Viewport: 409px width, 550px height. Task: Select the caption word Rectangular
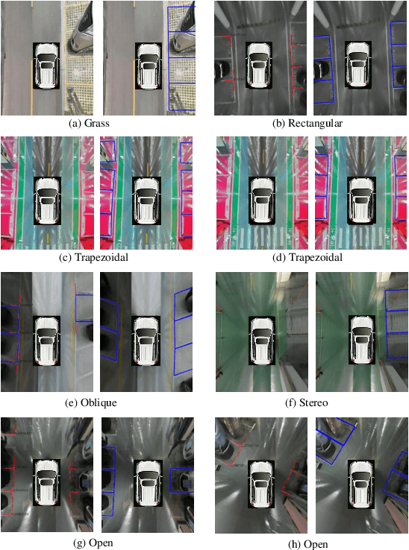(317, 123)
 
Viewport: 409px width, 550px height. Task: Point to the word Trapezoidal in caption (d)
(318, 258)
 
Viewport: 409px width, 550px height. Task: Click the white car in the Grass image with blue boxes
(149, 66)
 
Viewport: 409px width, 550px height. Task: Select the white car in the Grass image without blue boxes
(47, 66)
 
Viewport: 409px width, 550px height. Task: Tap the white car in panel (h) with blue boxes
(362, 484)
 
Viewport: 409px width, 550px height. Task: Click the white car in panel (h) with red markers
(261, 484)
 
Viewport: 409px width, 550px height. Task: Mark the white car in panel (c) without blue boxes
(48, 201)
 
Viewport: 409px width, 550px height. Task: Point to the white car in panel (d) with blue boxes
(362, 201)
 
